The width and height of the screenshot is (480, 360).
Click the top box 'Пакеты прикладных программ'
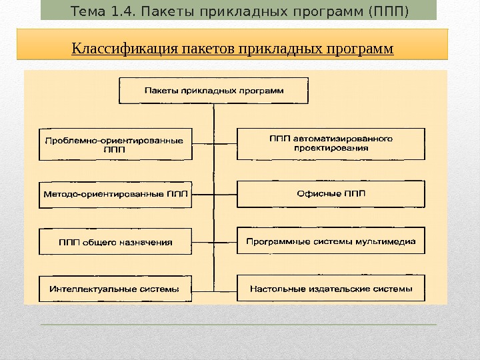click(213, 91)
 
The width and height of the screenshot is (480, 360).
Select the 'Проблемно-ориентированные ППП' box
click(115, 145)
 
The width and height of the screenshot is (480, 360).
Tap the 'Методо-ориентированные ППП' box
click(115, 195)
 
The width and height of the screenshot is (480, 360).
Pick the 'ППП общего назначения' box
click(115, 242)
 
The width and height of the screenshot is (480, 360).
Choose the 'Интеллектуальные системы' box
click(115, 289)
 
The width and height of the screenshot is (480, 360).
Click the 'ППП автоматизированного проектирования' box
click(331, 144)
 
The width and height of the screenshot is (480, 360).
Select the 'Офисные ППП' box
click(331, 194)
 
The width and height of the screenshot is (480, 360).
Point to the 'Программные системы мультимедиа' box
click(331, 241)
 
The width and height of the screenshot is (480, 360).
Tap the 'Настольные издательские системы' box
click(331, 289)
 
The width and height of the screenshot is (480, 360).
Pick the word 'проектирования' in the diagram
click(331, 149)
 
